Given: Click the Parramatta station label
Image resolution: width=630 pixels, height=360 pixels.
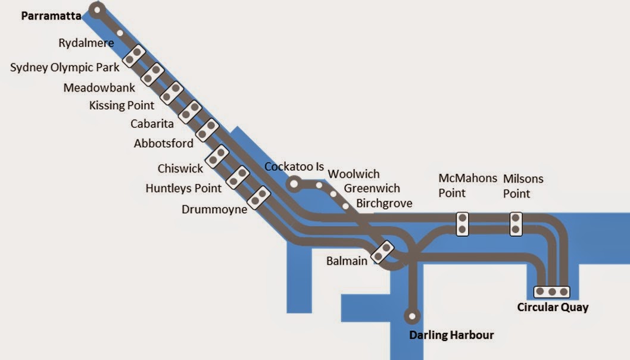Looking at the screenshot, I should pyautogui.click(x=51, y=16).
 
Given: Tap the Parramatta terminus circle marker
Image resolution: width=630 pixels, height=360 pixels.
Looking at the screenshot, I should pyautogui.click(x=98, y=10).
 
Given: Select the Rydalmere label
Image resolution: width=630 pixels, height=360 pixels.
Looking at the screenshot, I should pyautogui.click(x=86, y=43).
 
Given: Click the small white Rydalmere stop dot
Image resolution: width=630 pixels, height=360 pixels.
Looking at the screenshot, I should pyautogui.click(x=120, y=33).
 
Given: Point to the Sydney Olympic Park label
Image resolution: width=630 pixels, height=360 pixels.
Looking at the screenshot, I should pyautogui.click(x=65, y=67).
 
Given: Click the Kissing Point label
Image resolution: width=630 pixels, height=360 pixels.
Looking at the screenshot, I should pyautogui.click(x=121, y=105).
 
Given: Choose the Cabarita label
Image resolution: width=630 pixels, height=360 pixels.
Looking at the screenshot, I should pyautogui.click(x=152, y=124).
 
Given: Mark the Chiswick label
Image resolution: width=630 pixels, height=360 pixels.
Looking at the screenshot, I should pyautogui.click(x=180, y=169).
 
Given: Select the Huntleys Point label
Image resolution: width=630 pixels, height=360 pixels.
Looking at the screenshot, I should pyautogui.click(x=183, y=188).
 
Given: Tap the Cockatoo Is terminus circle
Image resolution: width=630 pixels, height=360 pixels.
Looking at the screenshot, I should pyautogui.click(x=294, y=184).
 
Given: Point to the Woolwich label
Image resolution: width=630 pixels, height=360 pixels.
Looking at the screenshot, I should pyautogui.click(x=354, y=174).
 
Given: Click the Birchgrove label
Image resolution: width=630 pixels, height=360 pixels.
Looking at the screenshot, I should pyautogui.click(x=384, y=203).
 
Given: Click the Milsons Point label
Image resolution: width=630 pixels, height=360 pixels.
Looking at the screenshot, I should pyautogui.click(x=523, y=186).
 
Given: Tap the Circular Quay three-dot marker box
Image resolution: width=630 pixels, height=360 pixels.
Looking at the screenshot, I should pyautogui.click(x=552, y=292).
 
